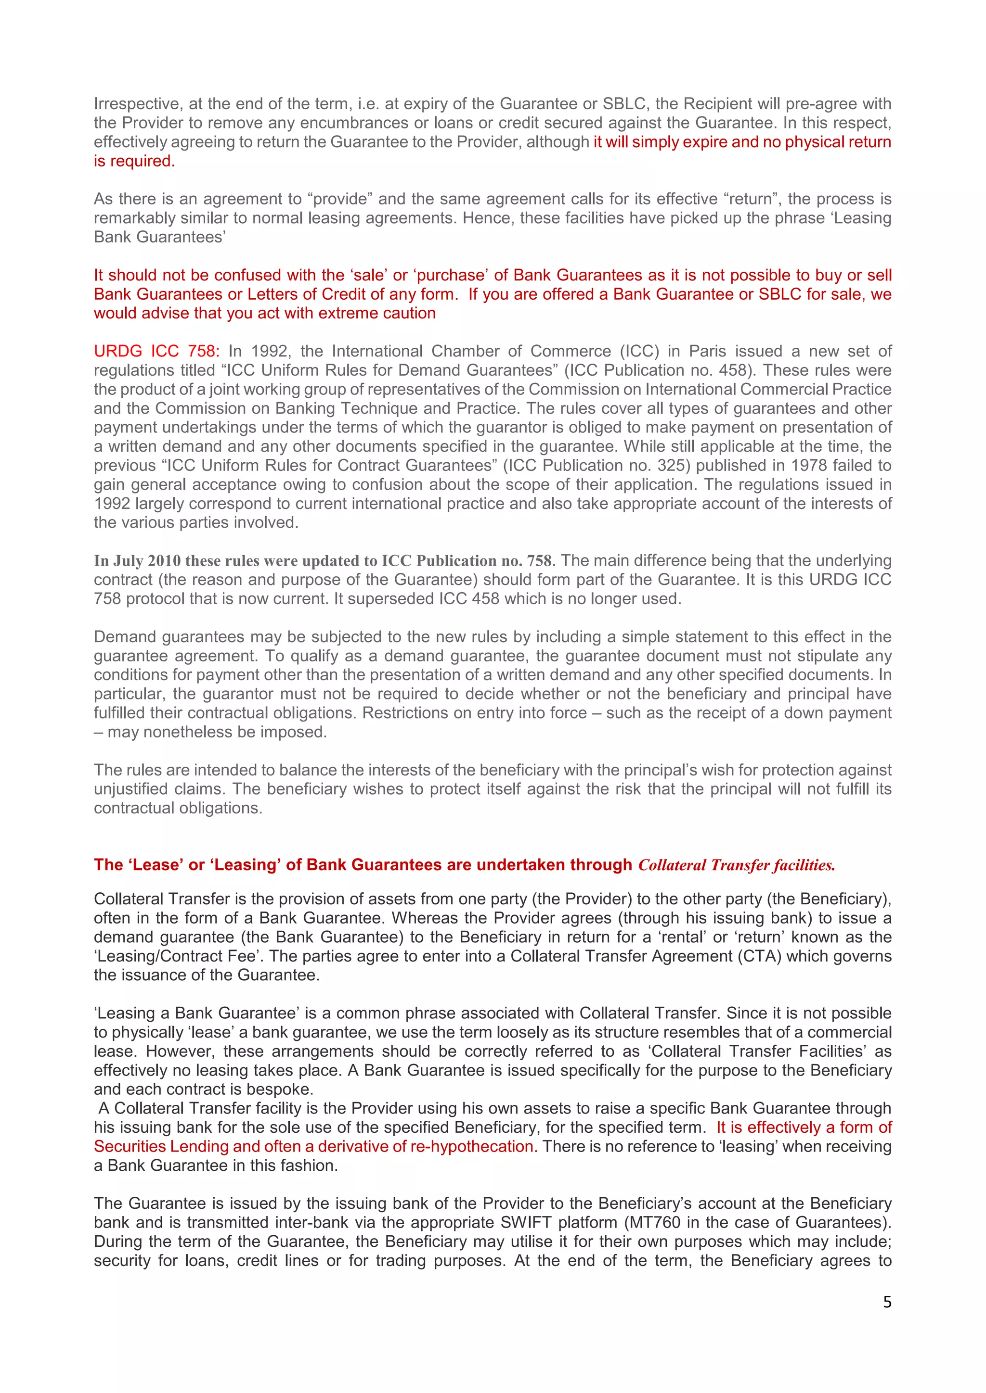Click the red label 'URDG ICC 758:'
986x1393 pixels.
tap(156, 351)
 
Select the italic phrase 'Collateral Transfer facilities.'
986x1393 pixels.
tap(737, 865)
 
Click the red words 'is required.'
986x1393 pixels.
tap(134, 162)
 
